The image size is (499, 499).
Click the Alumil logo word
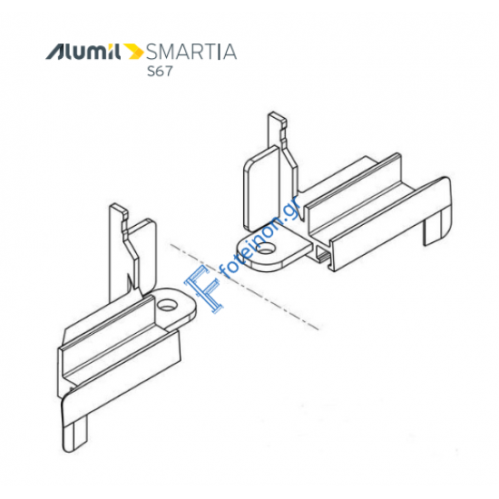click(83, 52)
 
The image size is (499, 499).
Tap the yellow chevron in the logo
click(133, 52)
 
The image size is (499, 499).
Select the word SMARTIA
click(191, 52)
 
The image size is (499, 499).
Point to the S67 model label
click(160, 71)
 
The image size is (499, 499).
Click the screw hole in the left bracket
click(167, 305)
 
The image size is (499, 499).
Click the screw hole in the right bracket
click(266, 248)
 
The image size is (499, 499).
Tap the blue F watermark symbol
click(204, 289)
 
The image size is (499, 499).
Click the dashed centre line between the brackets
click(244, 287)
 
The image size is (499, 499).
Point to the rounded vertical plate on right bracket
click(261, 189)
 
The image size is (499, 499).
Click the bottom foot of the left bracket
click(75, 436)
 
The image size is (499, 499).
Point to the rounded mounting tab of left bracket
click(174, 308)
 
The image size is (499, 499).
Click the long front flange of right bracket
click(390, 223)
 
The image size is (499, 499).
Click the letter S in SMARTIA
click(152, 52)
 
